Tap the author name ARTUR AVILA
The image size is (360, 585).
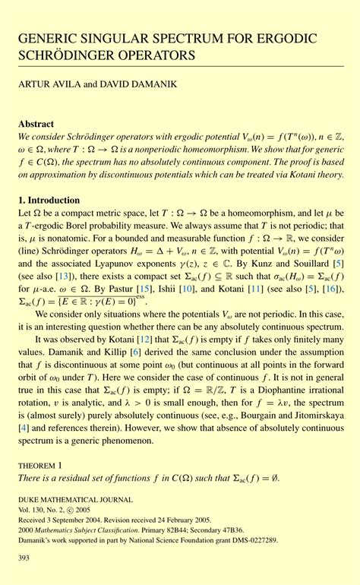coord(47,84)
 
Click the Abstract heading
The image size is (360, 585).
coord(36,123)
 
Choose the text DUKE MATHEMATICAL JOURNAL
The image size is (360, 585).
coord(64,501)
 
